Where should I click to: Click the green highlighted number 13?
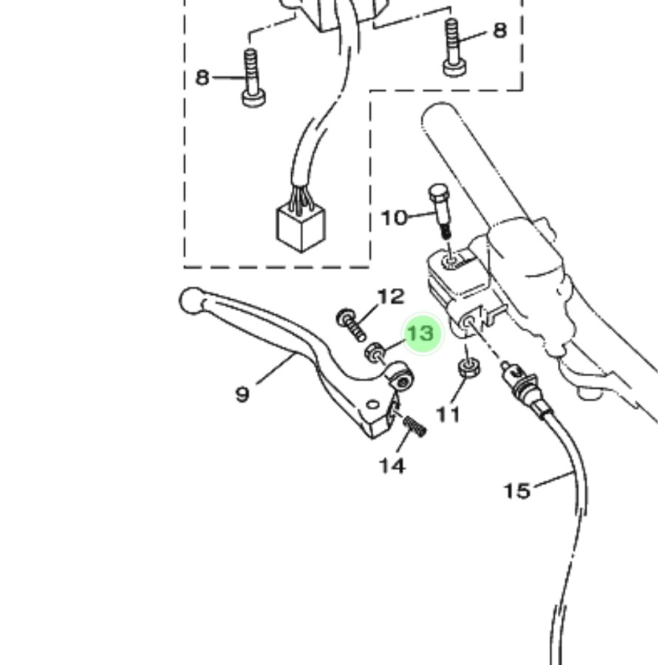point(420,333)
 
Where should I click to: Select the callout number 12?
point(391,297)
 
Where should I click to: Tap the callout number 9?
point(242,395)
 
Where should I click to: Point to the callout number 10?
point(395,218)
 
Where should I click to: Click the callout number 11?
point(449,415)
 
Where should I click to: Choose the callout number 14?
point(392,465)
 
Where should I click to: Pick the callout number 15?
point(517,491)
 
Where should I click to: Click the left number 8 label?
point(202,78)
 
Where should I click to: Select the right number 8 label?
point(500,30)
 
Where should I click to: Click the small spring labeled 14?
point(415,426)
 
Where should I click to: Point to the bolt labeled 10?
point(440,211)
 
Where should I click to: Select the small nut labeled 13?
point(375,352)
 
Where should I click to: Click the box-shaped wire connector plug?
point(301,228)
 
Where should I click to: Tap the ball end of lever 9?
point(191,301)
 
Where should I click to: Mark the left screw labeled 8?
point(253,78)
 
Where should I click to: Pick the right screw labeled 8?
point(455,48)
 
